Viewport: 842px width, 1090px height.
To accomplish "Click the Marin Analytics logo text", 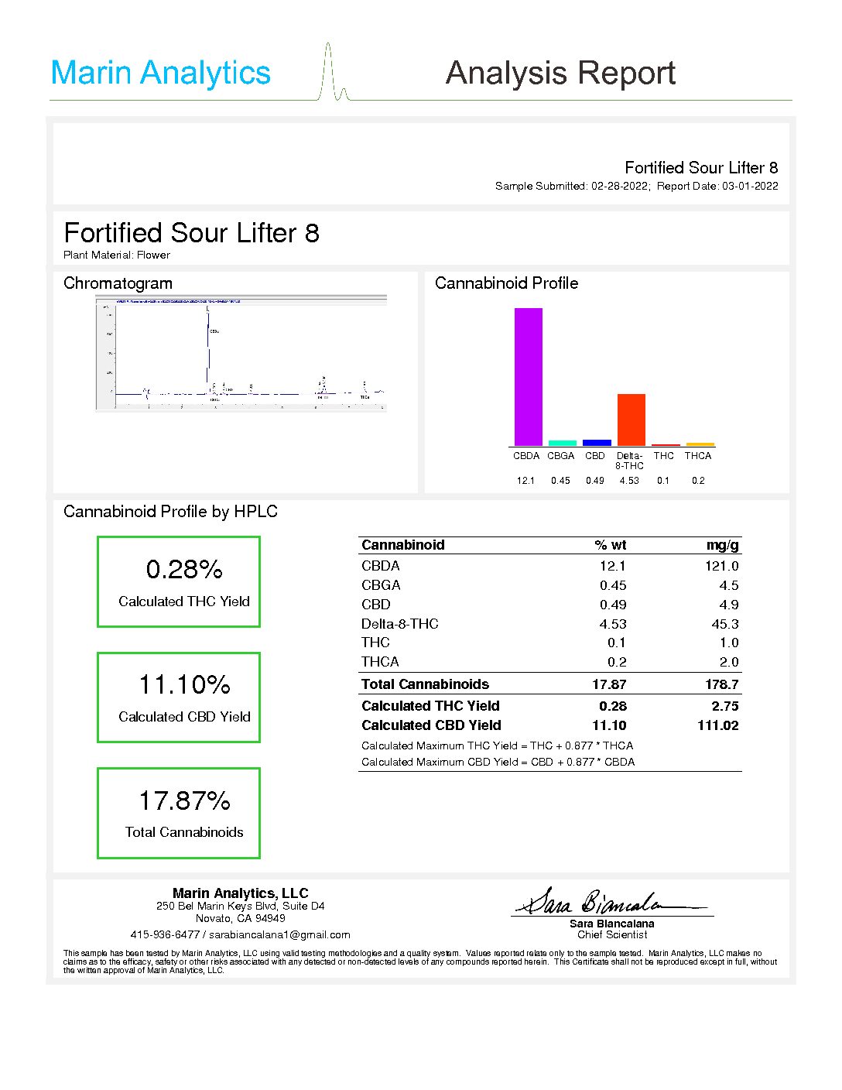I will click(160, 73).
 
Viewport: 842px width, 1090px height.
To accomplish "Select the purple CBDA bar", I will click(528, 376).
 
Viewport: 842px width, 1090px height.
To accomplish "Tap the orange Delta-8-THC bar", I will click(631, 419).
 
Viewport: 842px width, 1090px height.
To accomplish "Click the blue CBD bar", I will click(597, 443).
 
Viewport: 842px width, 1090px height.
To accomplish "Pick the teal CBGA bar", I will click(562, 443).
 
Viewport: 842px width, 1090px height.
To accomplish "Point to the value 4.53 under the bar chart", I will click(629, 481).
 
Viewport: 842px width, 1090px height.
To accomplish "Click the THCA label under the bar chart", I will click(697, 456).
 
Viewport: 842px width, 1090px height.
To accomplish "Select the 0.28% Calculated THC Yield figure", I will click(184, 570).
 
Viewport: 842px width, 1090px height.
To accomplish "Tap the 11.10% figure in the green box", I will click(184, 685).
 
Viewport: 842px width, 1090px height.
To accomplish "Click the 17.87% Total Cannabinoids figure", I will click(184, 800).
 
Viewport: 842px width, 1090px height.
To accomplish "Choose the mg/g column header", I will click(722, 545).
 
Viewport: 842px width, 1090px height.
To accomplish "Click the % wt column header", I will click(611, 545).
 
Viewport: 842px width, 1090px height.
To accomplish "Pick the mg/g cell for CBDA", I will click(721, 566).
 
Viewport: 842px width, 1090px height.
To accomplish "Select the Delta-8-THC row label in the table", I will click(399, 624).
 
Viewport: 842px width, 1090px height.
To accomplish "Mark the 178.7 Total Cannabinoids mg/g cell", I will click(721, 684).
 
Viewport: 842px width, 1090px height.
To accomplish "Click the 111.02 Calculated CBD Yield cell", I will click(717, 725).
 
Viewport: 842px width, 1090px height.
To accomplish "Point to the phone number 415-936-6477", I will click(165, 934).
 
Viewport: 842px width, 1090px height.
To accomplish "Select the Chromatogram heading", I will click(118, 283).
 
